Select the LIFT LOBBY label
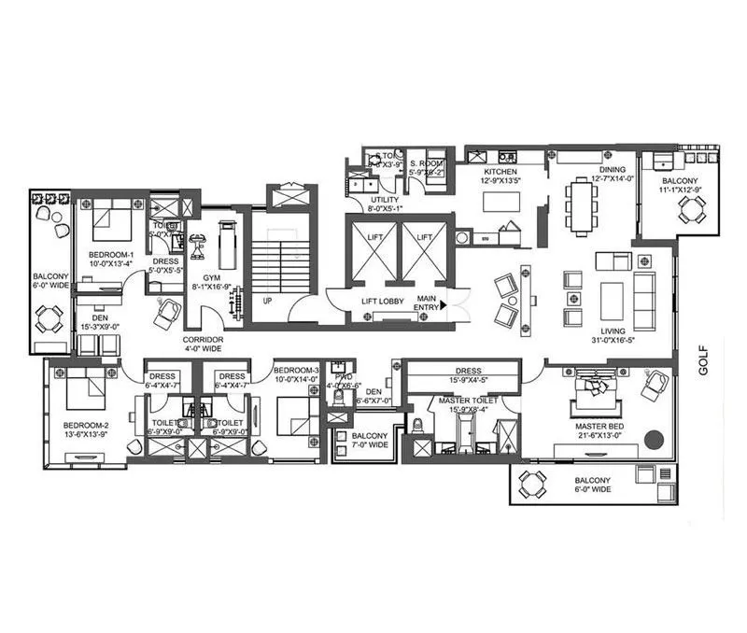(382, 302)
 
